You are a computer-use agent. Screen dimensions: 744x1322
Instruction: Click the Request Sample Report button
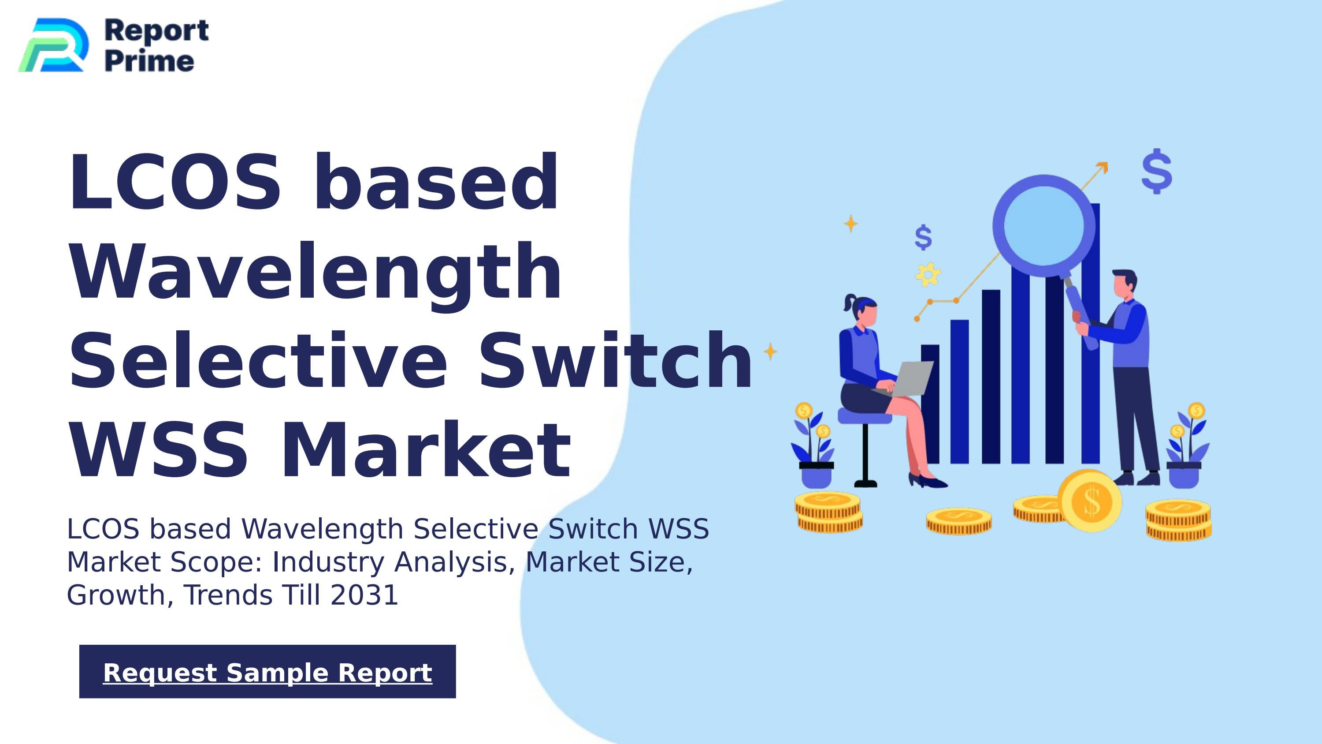267,672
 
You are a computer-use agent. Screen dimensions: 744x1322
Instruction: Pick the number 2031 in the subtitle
364,595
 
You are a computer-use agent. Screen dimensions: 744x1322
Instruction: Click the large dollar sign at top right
1157,172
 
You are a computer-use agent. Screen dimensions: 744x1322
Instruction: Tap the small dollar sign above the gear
923,237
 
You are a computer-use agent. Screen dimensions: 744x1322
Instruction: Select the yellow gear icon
928,275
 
